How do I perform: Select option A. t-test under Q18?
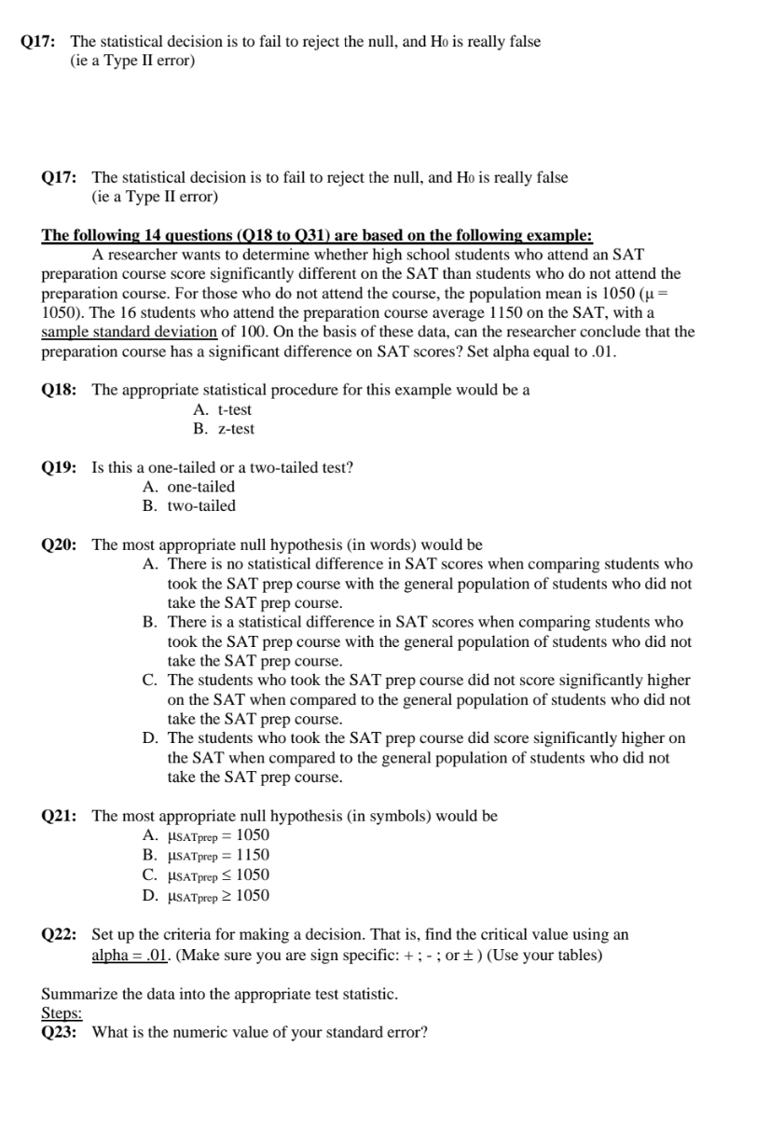222,409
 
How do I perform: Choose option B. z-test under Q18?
223,429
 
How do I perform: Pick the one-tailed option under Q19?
189,487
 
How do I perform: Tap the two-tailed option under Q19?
189,506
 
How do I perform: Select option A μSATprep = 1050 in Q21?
206,835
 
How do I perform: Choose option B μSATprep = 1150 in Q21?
206,855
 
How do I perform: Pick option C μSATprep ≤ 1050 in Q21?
206,874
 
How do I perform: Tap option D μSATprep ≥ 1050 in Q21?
206,895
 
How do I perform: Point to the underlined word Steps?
62,1013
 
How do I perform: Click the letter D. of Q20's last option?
149,738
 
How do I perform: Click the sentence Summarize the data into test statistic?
219,994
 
